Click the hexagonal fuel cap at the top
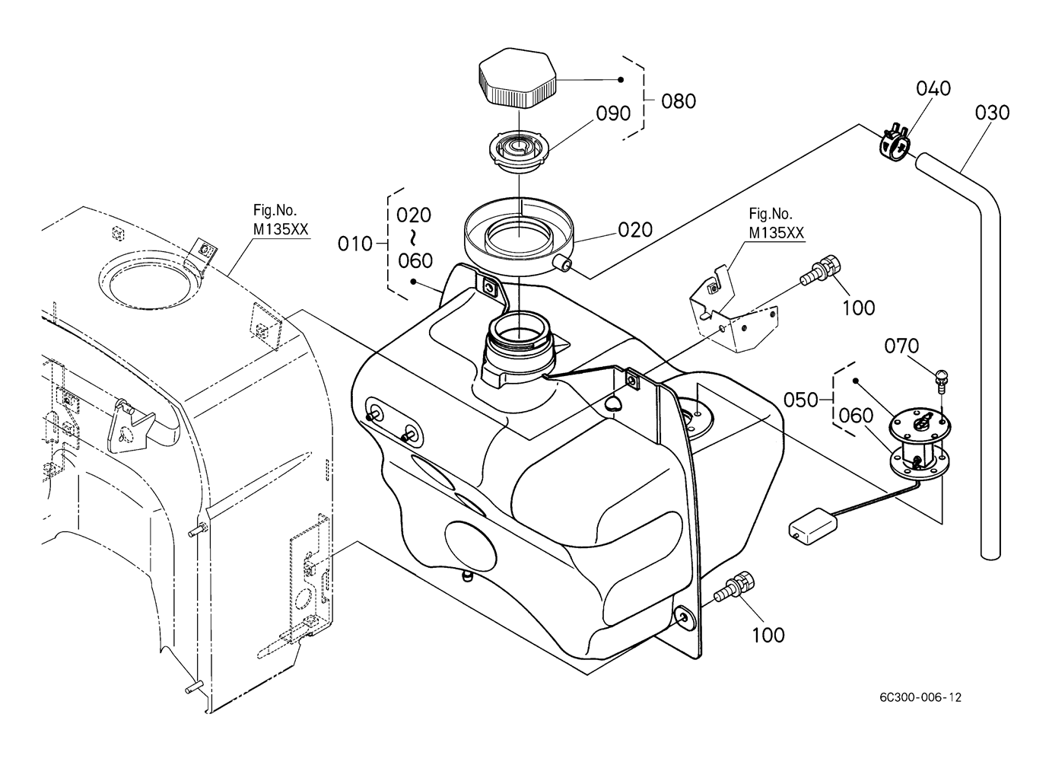517,76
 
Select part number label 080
678,101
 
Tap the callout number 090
613,113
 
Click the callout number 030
993,113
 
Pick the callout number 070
901,346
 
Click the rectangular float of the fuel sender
813,526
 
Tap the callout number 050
801,400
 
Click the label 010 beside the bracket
355,244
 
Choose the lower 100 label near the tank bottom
768,636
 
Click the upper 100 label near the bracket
859,308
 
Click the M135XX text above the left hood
281,229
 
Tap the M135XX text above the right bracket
777,232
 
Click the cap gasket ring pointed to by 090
520,151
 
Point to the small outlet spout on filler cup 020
562,264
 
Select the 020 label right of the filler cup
635,230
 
